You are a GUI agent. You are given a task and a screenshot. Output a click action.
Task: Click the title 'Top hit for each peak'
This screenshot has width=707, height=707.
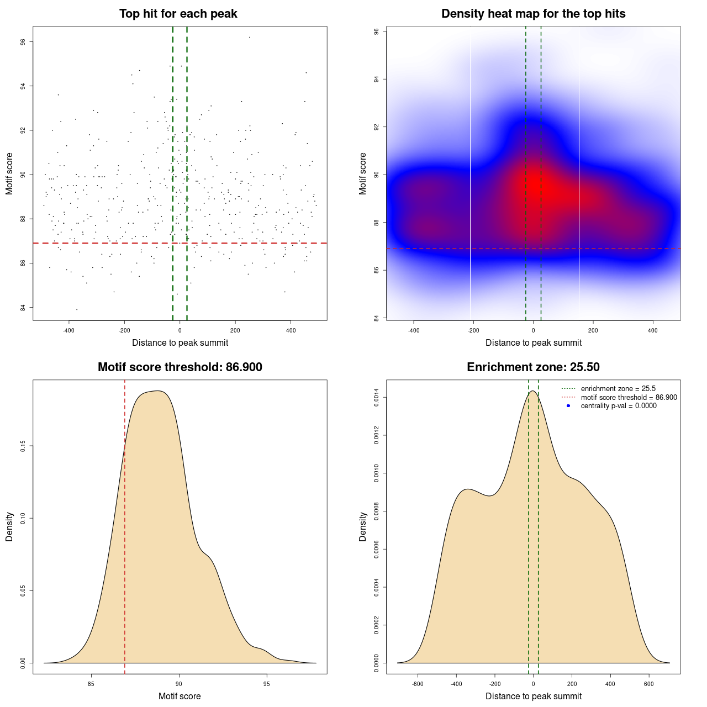(178, 14)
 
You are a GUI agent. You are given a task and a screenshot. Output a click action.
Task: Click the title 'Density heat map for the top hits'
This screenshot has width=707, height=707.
(533, 14)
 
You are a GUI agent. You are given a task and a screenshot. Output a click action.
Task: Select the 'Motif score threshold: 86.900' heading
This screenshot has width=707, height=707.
(180, 367)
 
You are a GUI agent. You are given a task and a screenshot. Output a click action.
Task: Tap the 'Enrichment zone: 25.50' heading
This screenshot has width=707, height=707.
(533, 367)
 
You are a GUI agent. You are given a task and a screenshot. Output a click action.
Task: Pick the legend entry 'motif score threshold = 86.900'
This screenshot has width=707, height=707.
(629, 398)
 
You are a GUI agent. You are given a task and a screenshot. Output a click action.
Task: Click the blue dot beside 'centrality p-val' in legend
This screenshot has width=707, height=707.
(568, 406)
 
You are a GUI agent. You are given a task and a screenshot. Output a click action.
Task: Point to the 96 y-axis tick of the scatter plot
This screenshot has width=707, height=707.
(23, 42)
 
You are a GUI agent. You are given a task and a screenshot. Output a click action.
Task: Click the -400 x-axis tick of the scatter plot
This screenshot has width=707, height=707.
(69, 330)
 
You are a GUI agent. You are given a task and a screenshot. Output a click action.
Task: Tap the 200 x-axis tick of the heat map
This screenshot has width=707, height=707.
(593, 330)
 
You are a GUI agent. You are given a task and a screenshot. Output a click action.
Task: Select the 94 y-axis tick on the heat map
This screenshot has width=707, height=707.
(376, 80)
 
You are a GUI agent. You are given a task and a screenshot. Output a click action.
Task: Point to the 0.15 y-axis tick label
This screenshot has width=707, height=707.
(23, 446)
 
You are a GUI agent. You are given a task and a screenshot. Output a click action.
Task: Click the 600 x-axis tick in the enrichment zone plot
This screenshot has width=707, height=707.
(649, 684)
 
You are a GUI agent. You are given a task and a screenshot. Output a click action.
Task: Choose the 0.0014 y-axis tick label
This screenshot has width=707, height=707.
(376, 398)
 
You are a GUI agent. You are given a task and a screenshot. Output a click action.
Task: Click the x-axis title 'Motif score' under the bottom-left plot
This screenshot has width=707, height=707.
(180, 697)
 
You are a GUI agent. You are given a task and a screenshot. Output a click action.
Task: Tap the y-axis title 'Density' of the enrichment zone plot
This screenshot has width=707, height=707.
(363, 526)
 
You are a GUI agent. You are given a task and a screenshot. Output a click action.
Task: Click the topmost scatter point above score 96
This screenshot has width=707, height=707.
(250, 37)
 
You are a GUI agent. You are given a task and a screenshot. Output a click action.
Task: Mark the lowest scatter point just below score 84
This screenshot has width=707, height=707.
(77, 309)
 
